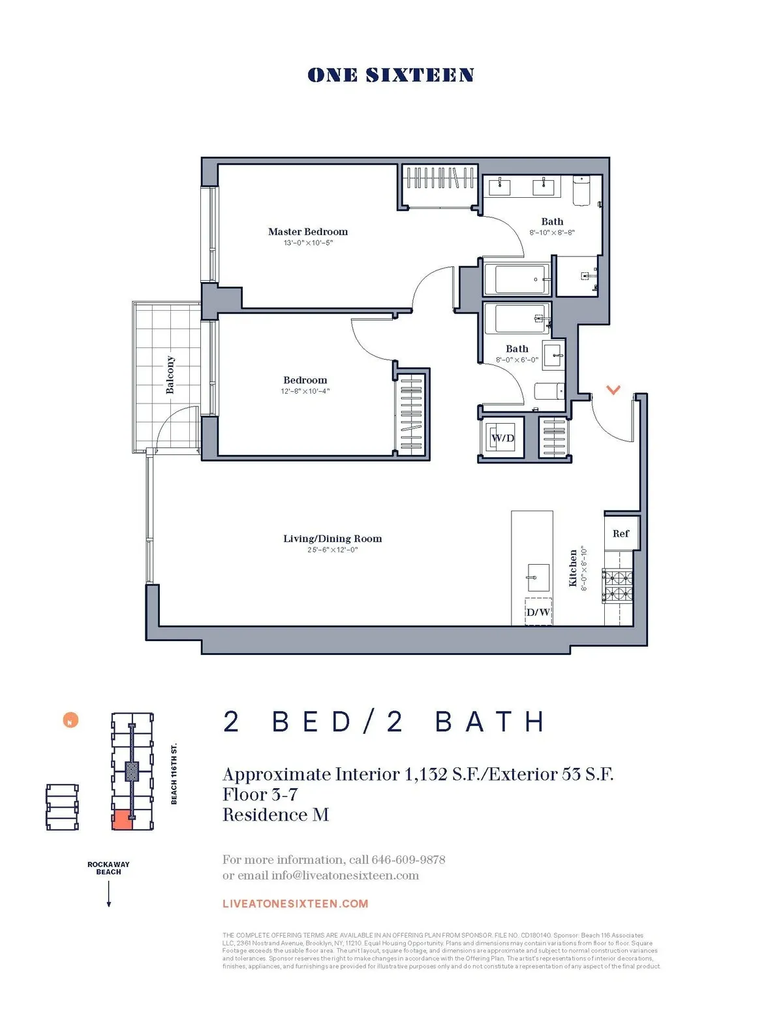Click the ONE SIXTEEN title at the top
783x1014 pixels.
pyautogui.click(x=390, y=75)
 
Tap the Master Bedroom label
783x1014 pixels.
pyautogui.click(x=308, y=232)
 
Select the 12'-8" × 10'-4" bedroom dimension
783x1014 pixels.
pyautogui.click(x=305, y=391)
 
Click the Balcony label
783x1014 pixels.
pyautogui.click(x=170, y=375)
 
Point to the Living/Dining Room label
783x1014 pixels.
pyautogui.click(x=332, y=539)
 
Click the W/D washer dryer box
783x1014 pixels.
pyautogui.click(x=502, y=438)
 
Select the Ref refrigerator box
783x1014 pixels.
pyautogui.click(x=621, y=533)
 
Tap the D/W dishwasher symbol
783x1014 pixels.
pyautogui.click(x=538, y=612)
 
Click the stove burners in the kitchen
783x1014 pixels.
pyautogui.click(x=617, y=586)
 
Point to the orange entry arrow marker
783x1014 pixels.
pyautogui.click(x=613, y=390)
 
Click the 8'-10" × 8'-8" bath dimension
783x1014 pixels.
pyautogui.click(x=552, y=232)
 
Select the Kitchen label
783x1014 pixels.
pyautogui.click(x=573, y=568)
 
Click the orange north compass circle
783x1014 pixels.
pyautogui.click(x=70, y=720)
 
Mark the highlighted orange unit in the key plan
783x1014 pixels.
pyautogui.click(x=122, y=821)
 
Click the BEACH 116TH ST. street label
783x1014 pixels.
pyautogui.click(x=174, y=774)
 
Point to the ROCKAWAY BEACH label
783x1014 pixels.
pyautogui.click(x=108, y=868)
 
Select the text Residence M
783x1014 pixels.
pyautogui.click(x=275, y=815)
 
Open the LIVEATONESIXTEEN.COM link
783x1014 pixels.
pyautogui.click(x=295, y=904)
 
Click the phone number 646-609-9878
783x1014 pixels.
pyautogui.click(x=408, y=859)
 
